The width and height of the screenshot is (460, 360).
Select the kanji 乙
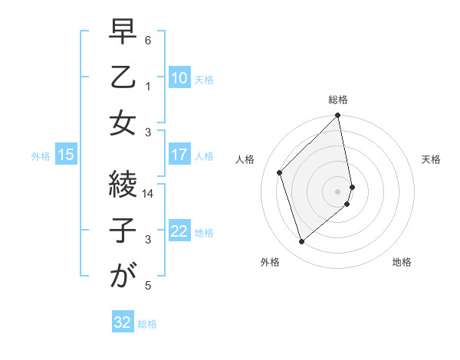click(121, 78)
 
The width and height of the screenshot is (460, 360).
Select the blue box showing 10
click(179, 77)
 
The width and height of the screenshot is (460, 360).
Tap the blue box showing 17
click(179, 155)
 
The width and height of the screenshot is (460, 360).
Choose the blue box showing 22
click(179, 231)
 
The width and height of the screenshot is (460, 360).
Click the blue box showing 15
click(66, 155)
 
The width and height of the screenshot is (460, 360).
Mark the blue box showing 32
click(123, 322)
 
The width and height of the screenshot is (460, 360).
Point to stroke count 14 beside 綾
click(149, 194)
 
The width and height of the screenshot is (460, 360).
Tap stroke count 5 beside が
click(148, 286)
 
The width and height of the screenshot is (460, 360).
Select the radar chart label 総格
click(338, 100)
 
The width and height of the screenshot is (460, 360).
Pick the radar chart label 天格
click(431, 159)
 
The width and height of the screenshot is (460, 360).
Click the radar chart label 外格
click(270, 263)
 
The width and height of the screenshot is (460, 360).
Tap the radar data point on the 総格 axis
click(338, 116)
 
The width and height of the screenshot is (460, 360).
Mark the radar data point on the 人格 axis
click(280, 172)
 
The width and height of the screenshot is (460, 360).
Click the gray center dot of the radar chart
click(338, 191)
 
